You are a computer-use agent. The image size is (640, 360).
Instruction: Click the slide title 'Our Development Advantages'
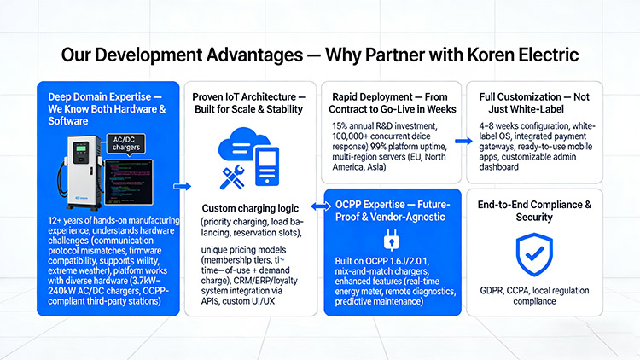[183, 55]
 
